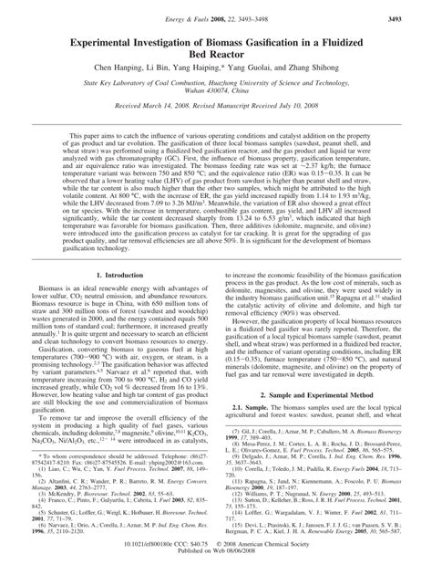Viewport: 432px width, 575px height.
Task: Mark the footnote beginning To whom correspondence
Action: click(109, 487)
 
